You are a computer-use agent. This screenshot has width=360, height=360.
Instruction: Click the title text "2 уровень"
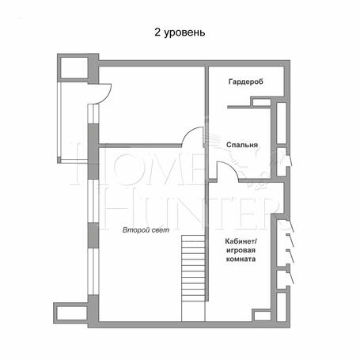click(180, 32)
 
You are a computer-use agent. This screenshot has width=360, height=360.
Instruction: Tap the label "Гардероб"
click(246, 81)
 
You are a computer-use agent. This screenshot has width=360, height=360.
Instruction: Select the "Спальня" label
click(242, 145)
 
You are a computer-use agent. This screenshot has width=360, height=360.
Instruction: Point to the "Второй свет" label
click(146, 230)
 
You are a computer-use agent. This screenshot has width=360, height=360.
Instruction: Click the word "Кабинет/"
click(241, 241)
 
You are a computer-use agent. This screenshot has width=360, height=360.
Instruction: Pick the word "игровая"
click(241, 250)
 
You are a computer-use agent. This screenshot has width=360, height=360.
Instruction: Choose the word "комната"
click(241, 259)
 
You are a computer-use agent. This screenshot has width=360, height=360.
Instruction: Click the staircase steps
click(193, 279)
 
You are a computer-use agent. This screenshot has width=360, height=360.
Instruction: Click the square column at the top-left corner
click(74, 68)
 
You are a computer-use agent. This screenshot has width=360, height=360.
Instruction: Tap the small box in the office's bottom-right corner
click(262, 316)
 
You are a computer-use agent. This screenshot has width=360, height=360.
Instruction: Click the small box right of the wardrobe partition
click(261, 102)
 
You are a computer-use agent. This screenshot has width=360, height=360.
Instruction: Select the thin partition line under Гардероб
click(239, 107)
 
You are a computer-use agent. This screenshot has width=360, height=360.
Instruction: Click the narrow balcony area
click(74, 121)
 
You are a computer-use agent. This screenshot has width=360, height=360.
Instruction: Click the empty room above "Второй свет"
click(152, 105)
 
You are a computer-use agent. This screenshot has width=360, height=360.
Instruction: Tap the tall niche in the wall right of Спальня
click(282, 123)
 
